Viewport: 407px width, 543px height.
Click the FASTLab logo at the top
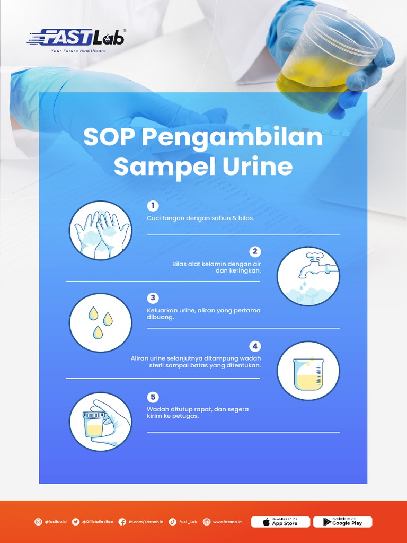(x=77, y=38)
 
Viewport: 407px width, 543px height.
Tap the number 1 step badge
(x=153, y=205)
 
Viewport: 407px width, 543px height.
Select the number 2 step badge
(x=255, y=251)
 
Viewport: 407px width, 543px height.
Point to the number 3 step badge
(x=153, y=297)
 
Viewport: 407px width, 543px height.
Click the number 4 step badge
(x=255, y=346)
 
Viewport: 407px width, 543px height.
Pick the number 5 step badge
(x=153, y=397)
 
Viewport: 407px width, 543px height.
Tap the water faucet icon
(x=308, y=276)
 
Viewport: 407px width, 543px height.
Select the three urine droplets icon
(x=100, y=322)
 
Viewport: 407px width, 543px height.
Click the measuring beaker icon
(x=308, y=371)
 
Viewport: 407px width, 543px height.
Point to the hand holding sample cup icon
(x=100, y=422)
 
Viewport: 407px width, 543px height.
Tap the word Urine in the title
(x=256, y=167)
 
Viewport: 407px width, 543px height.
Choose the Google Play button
(x=342, y=522)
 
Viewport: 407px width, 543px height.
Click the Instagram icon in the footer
(x=38, y=522)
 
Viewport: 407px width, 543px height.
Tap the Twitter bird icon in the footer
(x=76, y=522)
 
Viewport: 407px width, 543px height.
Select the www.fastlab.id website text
(x=227, y=522)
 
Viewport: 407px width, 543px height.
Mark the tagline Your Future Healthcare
(x=78, y=51)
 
